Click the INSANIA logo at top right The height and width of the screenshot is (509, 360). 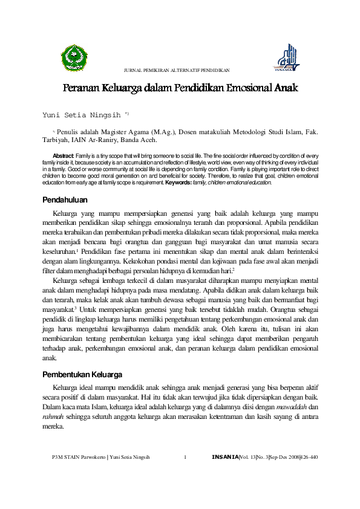pos(287,59)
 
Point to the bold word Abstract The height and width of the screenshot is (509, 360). pos(63,155)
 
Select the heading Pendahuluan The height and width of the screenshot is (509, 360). pos(65,199)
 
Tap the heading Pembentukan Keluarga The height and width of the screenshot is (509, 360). pos(83,374)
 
